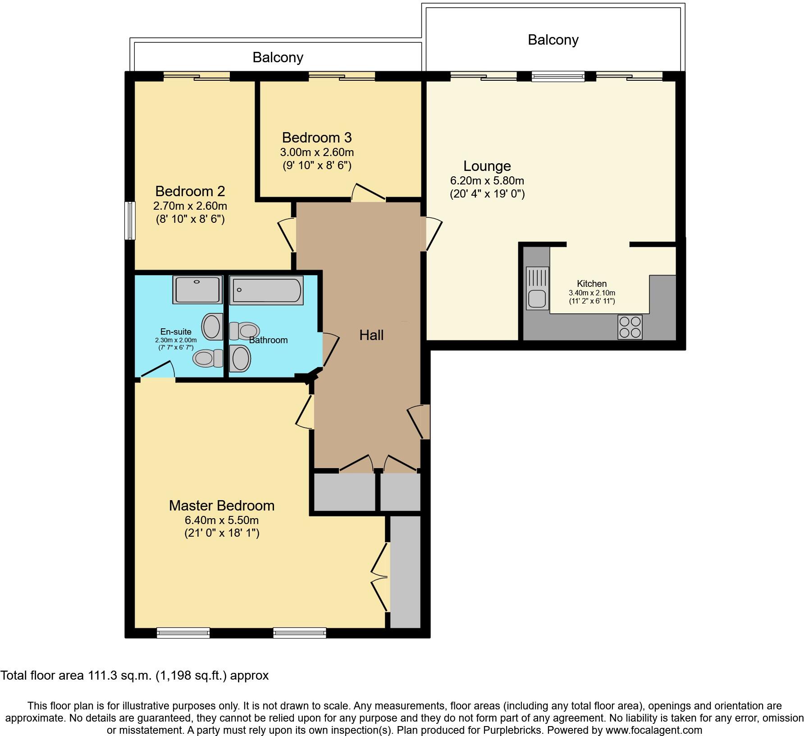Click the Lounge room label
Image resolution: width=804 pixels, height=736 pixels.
tap(487, 166)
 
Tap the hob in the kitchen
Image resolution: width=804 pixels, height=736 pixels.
tap(630, 327)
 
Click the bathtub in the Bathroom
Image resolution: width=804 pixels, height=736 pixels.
tap(266, 290)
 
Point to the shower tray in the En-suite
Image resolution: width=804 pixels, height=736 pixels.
tap(197, 290)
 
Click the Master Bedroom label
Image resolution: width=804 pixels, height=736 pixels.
tap(221, 506)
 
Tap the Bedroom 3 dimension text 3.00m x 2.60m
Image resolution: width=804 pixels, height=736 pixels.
tap(317, 152)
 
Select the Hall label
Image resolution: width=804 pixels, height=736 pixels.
tap(371, 335)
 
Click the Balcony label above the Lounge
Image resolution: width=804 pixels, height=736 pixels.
tap(553, 40)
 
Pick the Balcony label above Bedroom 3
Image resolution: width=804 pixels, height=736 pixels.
tap(278, 57)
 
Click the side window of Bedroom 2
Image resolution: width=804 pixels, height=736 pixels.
tap(130, 220)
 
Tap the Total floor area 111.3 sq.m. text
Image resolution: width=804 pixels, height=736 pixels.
tap(134, 675)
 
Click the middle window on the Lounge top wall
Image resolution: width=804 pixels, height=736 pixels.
tap(557, 76)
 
